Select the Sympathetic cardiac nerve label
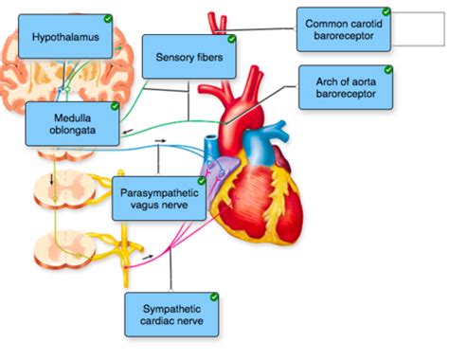pos(171,315)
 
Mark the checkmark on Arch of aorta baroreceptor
pos(388,70)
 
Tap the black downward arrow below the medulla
pos(51,177)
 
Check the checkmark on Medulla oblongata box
pos(115,106)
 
